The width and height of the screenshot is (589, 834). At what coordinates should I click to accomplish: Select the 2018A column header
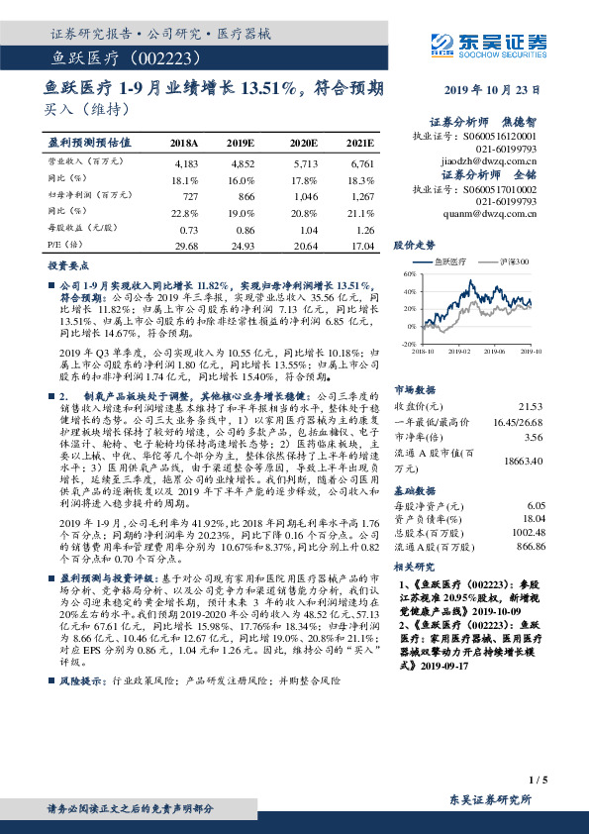click(x=184, y=143)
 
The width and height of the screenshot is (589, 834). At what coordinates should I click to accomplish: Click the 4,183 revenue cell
click(x=185, y=161)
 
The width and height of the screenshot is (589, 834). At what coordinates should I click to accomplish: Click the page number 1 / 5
click(x=539, y=782)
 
